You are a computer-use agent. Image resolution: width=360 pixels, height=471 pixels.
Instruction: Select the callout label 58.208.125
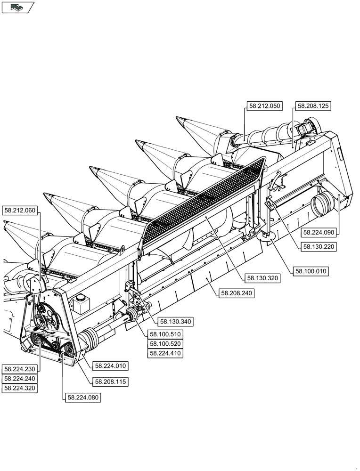tap(313, 106)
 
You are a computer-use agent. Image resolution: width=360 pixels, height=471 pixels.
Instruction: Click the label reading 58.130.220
tap(319, 246)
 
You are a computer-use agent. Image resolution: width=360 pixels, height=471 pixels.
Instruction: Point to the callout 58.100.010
tap(311, 271)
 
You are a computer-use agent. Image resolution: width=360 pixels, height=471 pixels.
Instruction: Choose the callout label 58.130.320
tap(262, 278)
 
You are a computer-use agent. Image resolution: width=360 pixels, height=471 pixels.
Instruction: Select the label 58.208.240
tap(237, 293)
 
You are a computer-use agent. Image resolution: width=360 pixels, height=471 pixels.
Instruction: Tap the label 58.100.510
tap(165, 334)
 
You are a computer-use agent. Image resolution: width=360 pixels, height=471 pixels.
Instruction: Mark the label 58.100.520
tap(165, 343)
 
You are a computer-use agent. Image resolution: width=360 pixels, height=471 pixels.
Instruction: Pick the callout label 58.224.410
tap(165, 353)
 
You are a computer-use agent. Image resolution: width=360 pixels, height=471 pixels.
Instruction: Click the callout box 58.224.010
tap(111, 365)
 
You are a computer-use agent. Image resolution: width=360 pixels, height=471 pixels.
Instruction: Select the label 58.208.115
tap(111, 381)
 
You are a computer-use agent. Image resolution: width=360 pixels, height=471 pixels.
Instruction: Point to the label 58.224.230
tap(20, 369)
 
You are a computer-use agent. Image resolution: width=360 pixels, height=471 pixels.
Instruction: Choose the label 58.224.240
tap(20, 378)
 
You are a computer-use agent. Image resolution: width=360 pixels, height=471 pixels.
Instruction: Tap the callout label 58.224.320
tap(20, 388)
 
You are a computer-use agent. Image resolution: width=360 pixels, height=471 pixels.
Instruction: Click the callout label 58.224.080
tap(83, 398)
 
